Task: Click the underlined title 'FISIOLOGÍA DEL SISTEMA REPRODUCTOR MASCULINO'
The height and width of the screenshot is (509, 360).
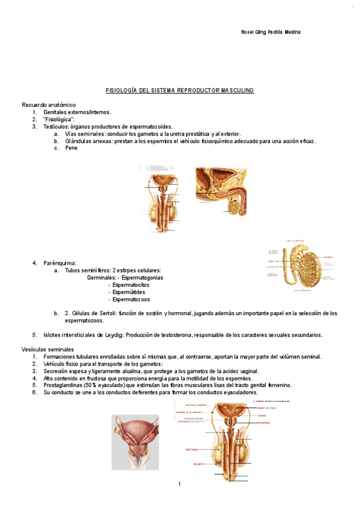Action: (x=180, y=91)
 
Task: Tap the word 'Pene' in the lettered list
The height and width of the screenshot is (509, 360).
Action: (x=71, y=148)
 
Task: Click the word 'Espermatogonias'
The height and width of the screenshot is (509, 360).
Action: (x=142, y=278)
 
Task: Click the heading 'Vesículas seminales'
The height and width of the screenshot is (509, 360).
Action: (x=47, y=349)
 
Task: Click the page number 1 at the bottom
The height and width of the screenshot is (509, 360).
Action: (x=179, y=484)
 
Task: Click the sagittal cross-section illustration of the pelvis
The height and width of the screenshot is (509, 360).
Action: (x=221, y=191)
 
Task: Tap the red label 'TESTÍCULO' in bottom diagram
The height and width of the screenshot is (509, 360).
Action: (x=192, y=449)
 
